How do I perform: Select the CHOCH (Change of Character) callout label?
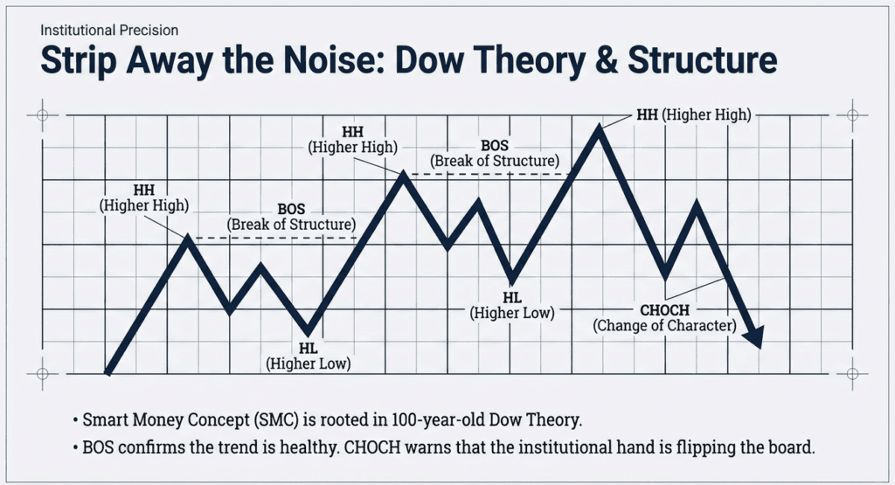(664, 318)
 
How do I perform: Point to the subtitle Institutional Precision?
(109, 31)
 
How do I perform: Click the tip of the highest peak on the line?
(599, 128)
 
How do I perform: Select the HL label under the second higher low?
(512, 305)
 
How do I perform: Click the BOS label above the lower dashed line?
(291, 218)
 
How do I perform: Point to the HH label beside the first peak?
(145, 197)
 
